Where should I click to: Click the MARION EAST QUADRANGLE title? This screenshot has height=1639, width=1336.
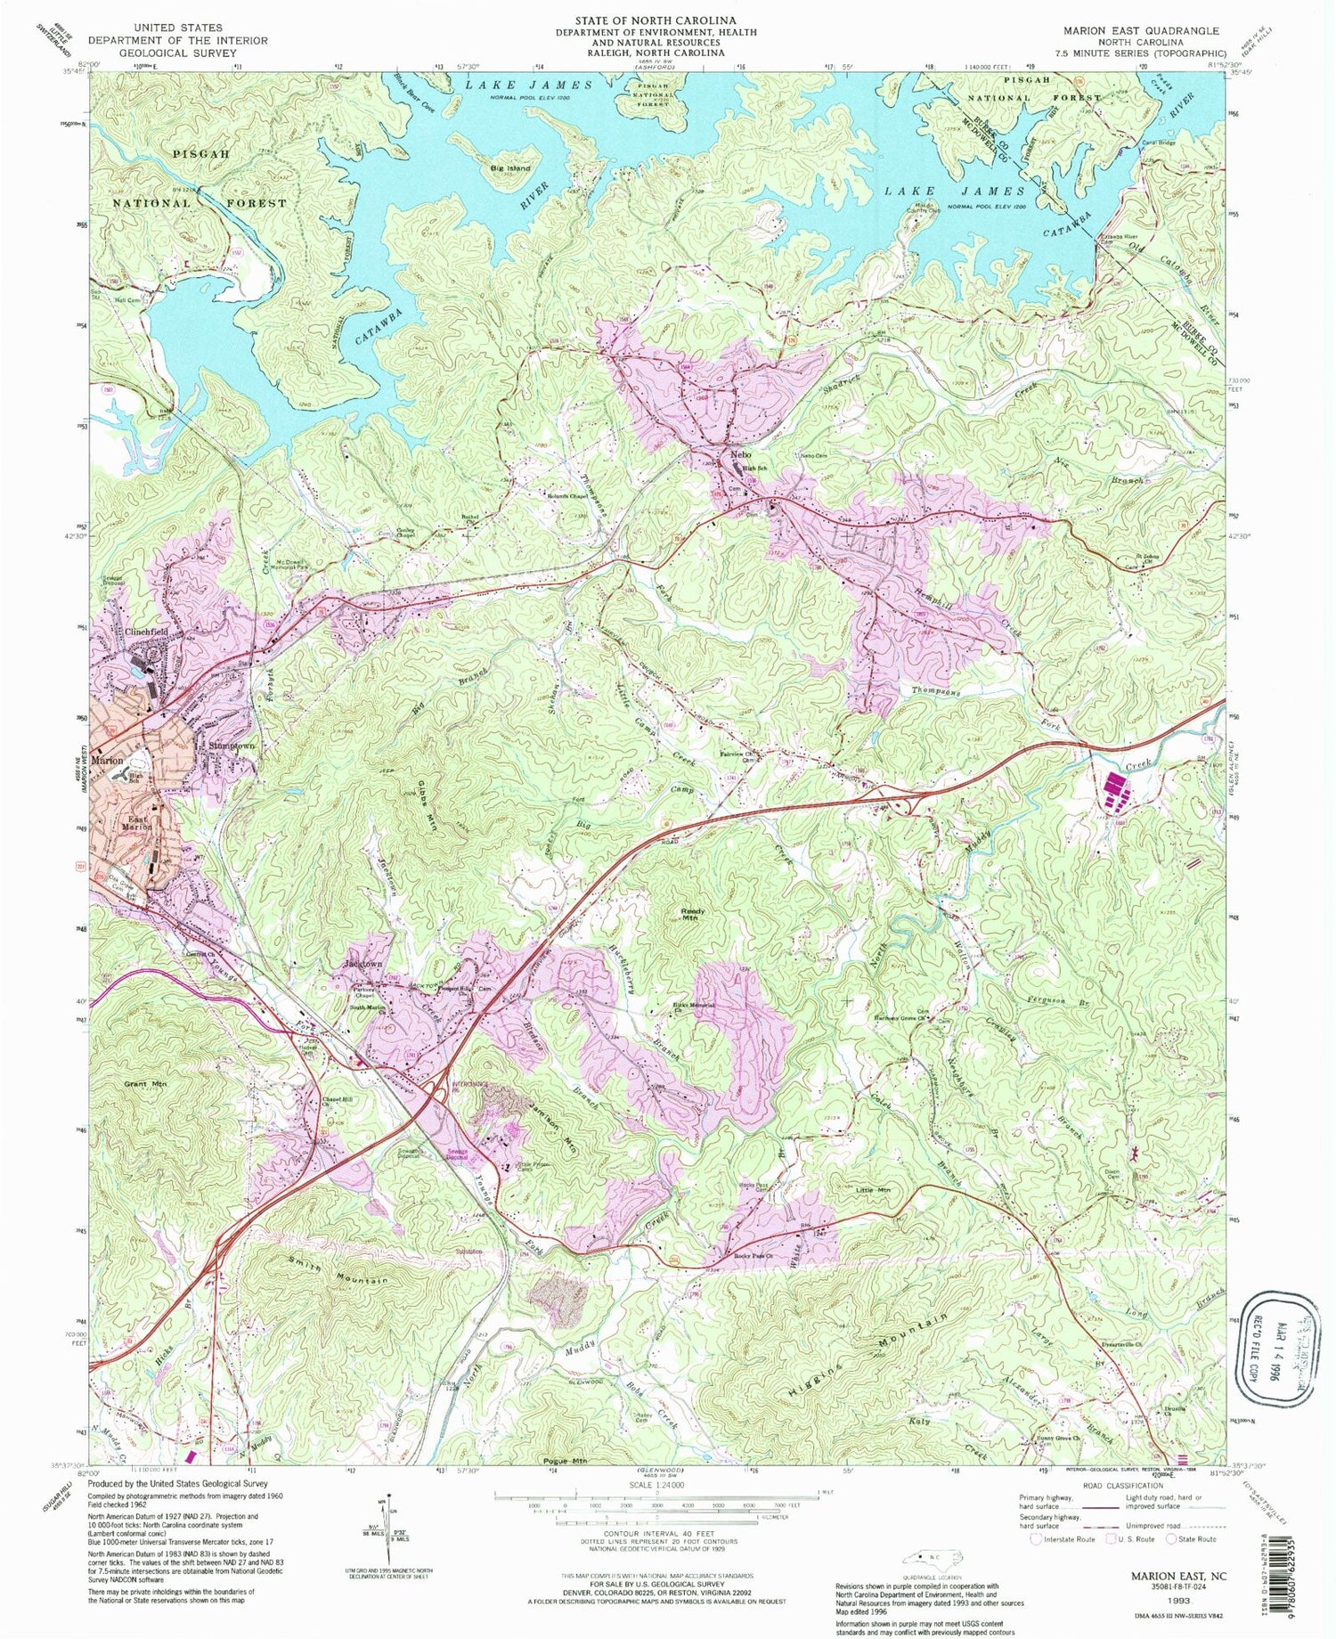point(1141,30)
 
